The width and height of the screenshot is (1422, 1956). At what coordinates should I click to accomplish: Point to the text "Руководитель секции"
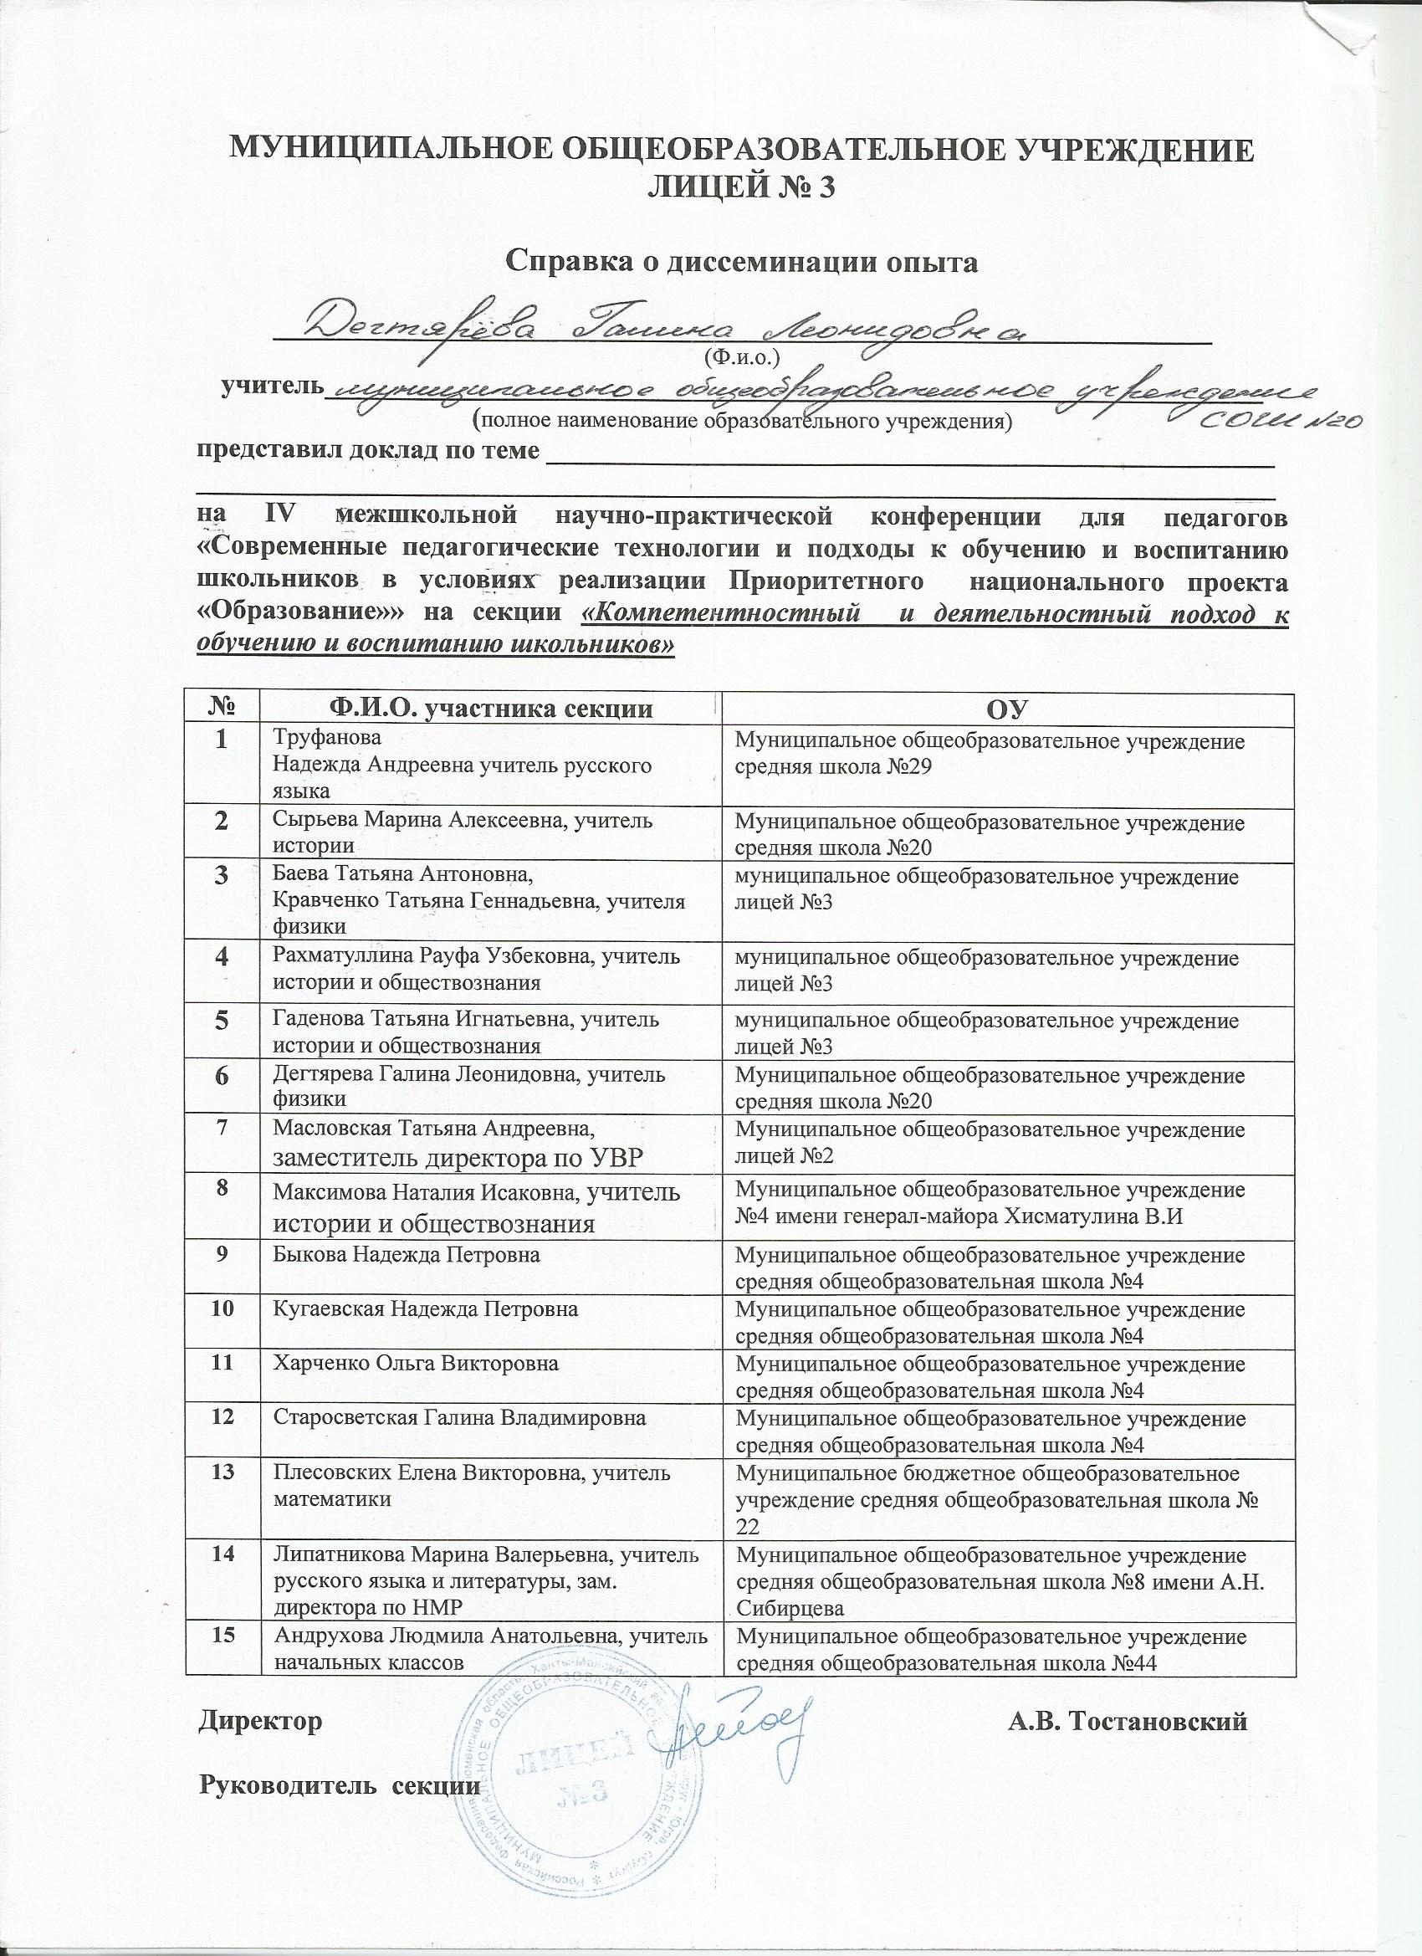point(339,1759)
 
